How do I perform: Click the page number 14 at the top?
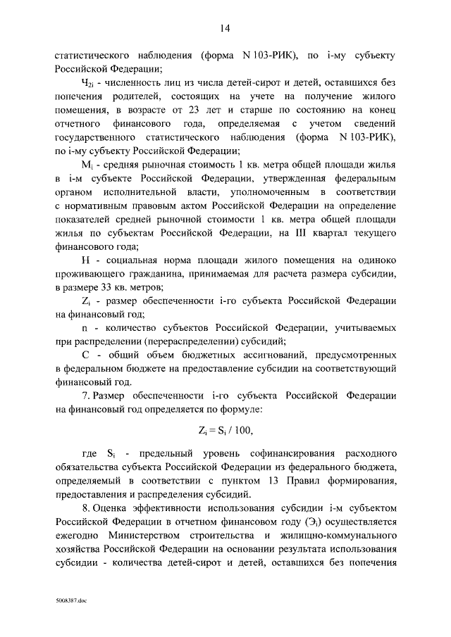[x=225, y=27]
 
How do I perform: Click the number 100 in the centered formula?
[x=240, y=429]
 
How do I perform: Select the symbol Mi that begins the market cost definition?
[x=87, y=164]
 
